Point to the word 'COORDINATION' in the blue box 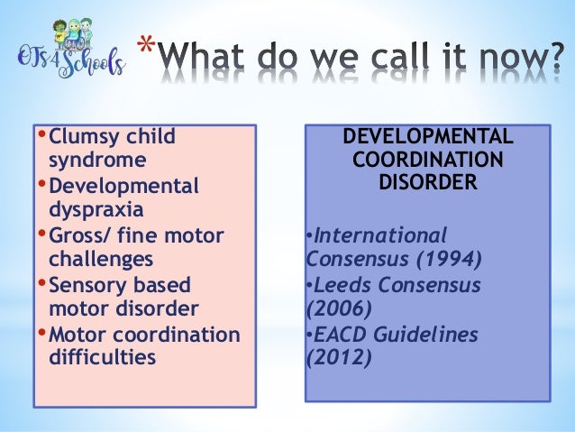pyautogui.click(x=428, y=160)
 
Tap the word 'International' pyautogui.click(x=379, y=236)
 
